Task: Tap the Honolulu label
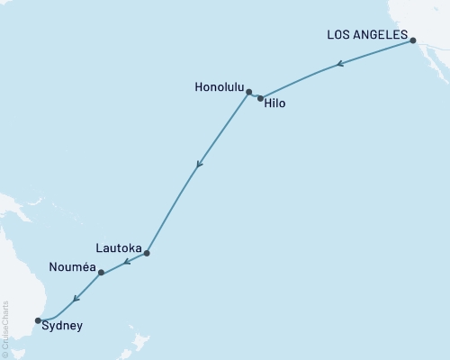[219, 88]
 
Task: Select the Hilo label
[276, 103]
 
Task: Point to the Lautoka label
[117, 245]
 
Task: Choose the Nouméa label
[73, 266]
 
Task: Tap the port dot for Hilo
[261, 98]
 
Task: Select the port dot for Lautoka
[147, 253]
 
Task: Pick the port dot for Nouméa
[101, 272]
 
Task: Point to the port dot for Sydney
[38, 319]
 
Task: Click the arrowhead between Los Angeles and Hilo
[338, 64]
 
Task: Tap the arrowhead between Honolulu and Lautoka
[199, 165]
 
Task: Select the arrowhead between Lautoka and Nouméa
[126, 262]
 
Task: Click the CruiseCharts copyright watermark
[5, 328]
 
